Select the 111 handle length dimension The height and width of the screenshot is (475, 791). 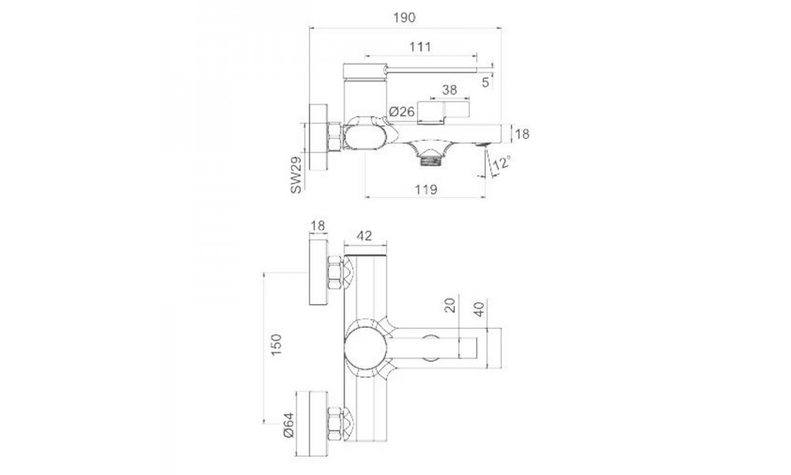tap(420, 47)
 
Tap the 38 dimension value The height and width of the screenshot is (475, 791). tap(448, 90)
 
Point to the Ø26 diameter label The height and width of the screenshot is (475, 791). tap(402, 112)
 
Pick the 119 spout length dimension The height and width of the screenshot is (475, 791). tap(426, 189)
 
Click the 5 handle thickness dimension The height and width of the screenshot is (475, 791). tap(486, 81)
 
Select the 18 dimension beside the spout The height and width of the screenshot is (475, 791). tap(521, 135)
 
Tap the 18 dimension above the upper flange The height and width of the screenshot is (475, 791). tap(318, 226)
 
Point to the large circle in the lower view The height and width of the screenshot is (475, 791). tap(365, 350)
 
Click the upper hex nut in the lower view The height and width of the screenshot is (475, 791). tap(335, 273)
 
